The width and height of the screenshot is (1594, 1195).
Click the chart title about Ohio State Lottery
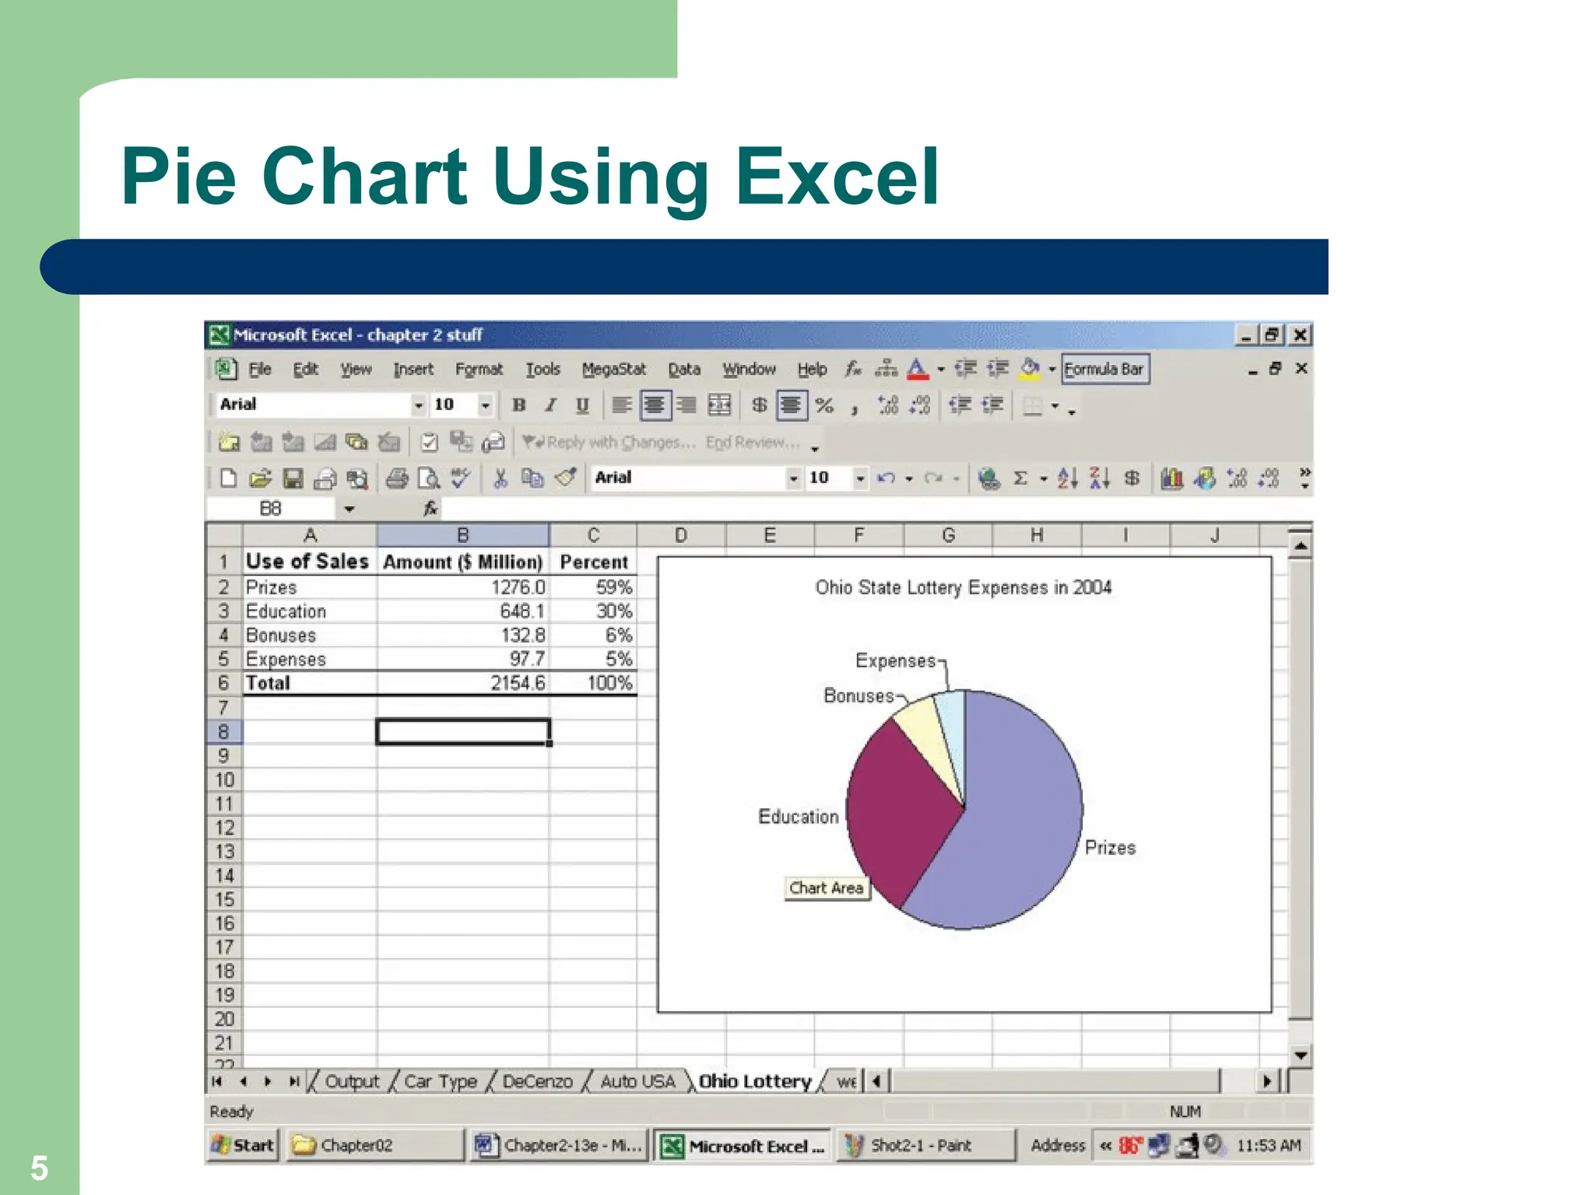tap(963, 587)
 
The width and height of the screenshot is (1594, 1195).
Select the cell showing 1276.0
tap(463, 587)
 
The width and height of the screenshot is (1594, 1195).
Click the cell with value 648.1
tap(463, 611)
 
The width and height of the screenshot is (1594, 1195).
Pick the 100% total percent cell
tap(593, 683)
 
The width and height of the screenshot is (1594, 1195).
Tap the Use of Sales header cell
tap(309, 562)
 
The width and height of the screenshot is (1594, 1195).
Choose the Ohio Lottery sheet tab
tap(754, 1081)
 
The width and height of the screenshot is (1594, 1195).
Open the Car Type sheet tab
tap(440, 1081)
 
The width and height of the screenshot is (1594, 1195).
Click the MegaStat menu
tap(613, 370)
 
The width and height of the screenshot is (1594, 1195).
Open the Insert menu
tap(413, 370)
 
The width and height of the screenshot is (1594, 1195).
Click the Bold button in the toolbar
tap(518, 405)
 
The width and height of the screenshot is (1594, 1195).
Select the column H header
tap(1037, 535)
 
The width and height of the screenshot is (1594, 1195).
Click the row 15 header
tap(224, 899)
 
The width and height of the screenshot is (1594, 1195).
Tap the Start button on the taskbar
tap(243, 1145)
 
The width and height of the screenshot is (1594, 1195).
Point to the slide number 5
tap(39, 1168)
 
